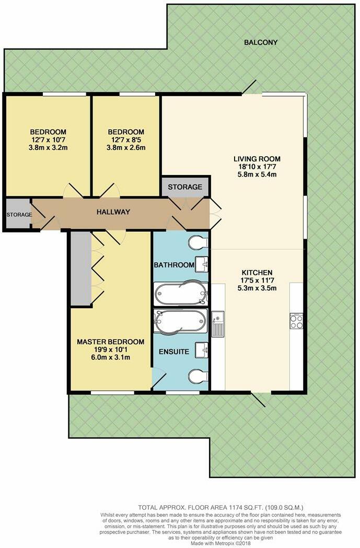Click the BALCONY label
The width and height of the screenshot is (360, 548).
(261, 42)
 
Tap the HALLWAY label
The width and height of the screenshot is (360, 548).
(112, 212)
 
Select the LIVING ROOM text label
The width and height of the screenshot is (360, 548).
(257, 159)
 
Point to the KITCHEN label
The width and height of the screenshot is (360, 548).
(257, 272)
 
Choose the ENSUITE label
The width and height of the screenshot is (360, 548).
(174, 352)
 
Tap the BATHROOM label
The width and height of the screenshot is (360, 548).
(173, 265)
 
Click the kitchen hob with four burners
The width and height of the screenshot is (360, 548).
(296, 320)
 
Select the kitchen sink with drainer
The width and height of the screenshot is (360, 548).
(218, 322)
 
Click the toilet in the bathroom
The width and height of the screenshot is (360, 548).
(199, 242)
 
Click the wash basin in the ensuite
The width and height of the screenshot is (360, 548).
(202, 351)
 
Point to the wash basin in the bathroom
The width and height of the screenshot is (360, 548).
(202, 263)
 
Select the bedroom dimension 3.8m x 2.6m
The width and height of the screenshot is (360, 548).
(126, 147)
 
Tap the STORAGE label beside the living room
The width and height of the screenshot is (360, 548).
(185, 187)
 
